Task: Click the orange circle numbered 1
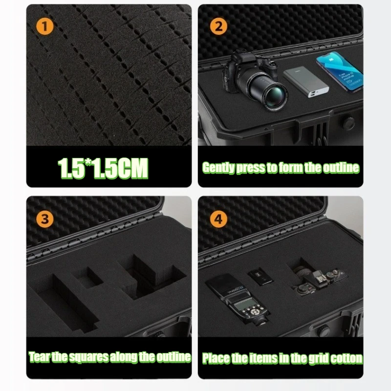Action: click(45, 26)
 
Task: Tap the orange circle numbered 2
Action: click(218, 26)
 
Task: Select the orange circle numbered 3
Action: click(45, 219)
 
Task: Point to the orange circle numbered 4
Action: click(218, 219)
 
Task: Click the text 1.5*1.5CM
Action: click(103, 168)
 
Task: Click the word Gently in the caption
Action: click(218, 168)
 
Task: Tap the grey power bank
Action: click(306, 82)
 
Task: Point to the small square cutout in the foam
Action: click(88, 279)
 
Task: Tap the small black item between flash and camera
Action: click(261, 277)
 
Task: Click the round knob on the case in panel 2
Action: click(348, 123)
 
